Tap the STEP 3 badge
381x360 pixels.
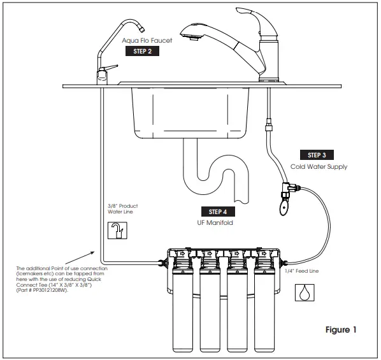[316, 155]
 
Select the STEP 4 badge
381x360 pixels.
[218, 212]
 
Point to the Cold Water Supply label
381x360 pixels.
[318, 167]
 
